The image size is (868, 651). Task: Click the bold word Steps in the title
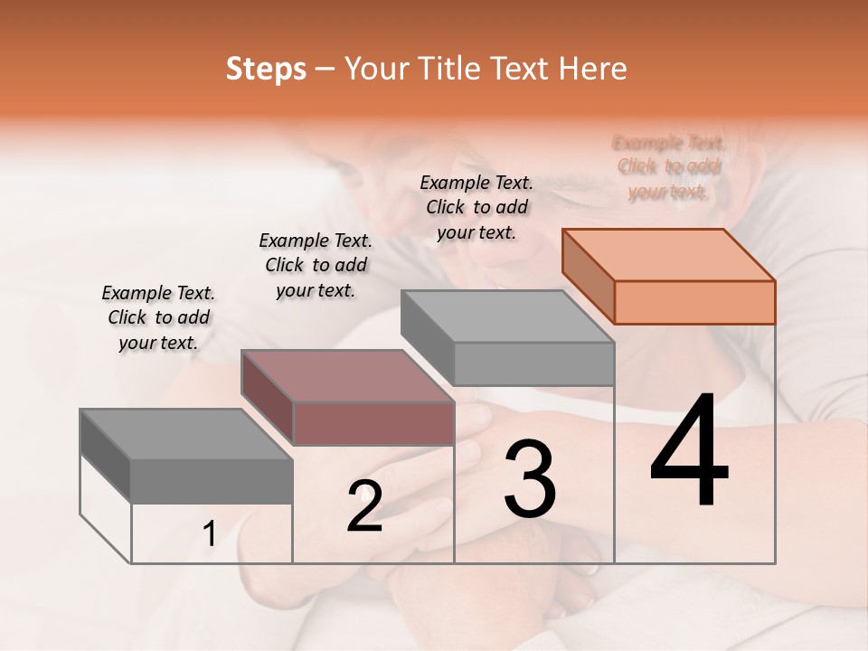pos(266,69)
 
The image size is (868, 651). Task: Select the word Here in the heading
pos(593,69)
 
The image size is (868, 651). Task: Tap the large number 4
pos(689,452)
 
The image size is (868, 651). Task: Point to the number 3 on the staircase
pos(530,479)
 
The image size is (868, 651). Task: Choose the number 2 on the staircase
pos(364,506)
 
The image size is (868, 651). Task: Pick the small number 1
pos(210,534)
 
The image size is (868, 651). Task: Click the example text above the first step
pos(158,317)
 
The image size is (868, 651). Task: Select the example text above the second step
pos(316,265)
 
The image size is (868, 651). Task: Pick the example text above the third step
pos(476,207)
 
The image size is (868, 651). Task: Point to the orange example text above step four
pos(669,167)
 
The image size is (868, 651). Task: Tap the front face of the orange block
pos(694,302)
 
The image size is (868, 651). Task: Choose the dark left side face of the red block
pos(268,398)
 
